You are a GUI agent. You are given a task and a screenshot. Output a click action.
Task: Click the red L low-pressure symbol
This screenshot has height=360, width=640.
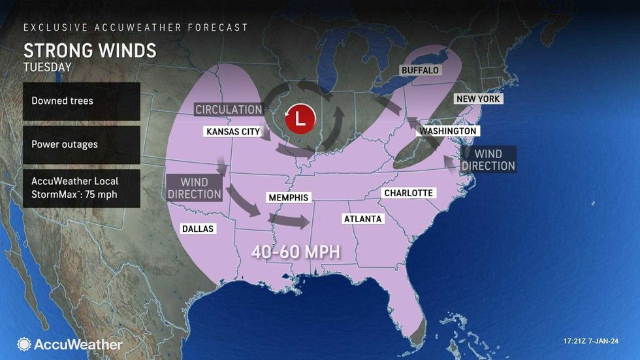point(300,118)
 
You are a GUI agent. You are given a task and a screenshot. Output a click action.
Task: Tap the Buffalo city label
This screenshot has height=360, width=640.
point(420,70)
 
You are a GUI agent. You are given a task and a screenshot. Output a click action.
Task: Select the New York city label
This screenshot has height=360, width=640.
point(478,99)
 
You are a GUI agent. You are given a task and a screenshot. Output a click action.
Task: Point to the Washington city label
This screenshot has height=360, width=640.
point(448,131)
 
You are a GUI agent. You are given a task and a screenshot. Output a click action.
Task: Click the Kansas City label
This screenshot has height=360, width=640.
point(233,131)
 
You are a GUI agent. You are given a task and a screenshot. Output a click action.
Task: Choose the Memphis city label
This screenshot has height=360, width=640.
point(288,197)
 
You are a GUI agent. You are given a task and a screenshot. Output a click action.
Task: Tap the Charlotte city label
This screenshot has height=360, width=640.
point(408,193)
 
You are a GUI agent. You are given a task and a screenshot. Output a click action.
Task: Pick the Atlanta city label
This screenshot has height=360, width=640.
point(362,219)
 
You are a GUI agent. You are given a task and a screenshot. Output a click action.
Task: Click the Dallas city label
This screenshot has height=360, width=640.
point(198,229)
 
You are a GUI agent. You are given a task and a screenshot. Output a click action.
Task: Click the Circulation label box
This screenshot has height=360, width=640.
point(229,110)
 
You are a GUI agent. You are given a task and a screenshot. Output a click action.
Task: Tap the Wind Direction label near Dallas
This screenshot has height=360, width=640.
point(194,188)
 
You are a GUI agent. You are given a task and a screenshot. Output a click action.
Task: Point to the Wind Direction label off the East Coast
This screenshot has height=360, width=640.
point(488,159)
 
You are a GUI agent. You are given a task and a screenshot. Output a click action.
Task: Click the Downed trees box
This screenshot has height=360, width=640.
point(81,101)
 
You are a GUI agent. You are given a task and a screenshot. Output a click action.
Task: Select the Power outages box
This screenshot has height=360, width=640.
point(81,144)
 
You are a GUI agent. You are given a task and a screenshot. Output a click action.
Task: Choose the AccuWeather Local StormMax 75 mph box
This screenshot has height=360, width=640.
point(81,188)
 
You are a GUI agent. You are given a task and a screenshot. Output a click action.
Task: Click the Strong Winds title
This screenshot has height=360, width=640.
point(89,50)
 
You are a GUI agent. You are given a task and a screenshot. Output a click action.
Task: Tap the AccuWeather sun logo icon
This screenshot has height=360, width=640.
point(24,344)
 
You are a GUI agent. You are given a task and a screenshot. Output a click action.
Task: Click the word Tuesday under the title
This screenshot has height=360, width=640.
point(47,67)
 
